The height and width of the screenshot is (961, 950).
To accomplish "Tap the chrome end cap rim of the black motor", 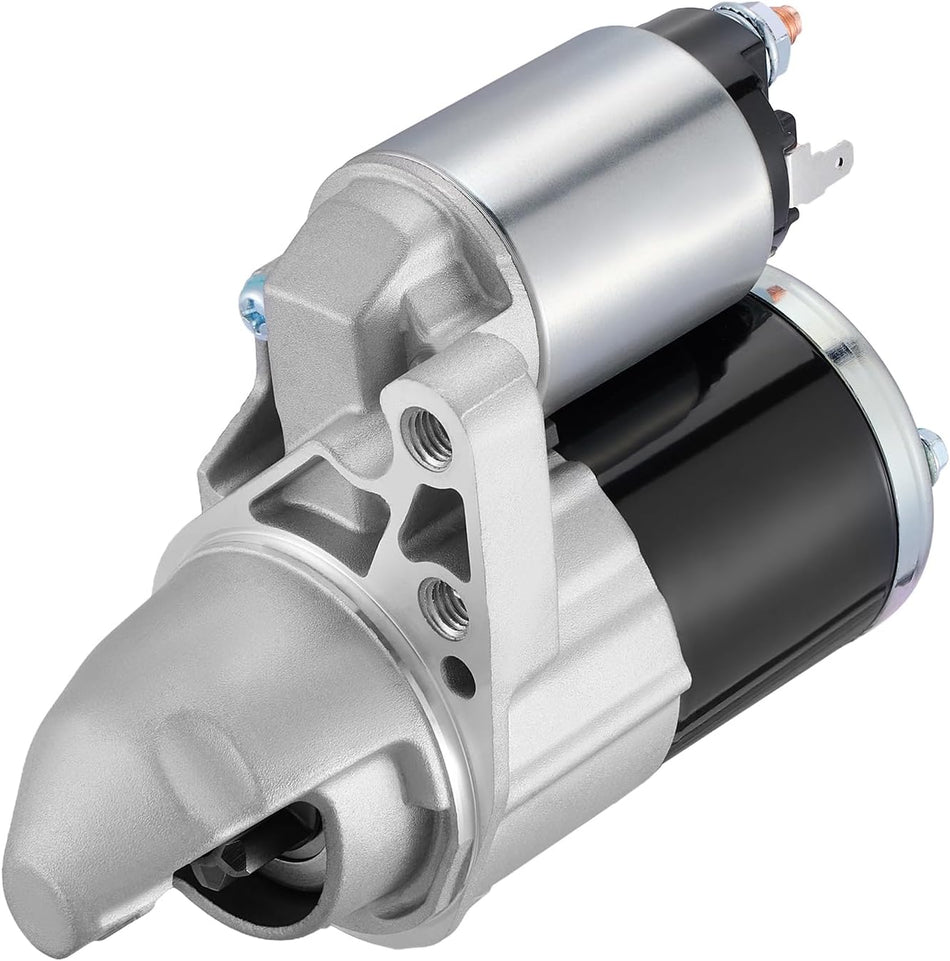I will click(880, 400).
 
